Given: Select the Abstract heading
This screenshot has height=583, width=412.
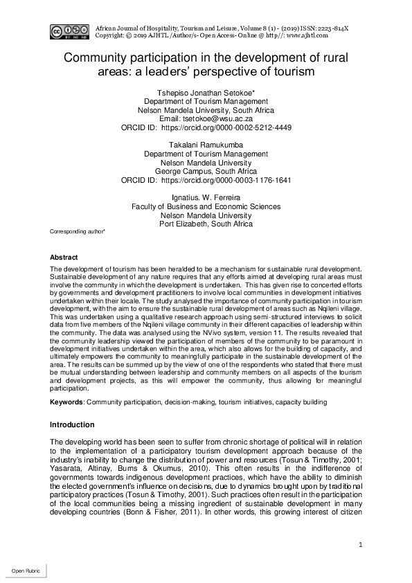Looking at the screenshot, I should tap(64, 257).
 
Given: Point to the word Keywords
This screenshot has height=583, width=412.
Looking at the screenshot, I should tap(67, 402).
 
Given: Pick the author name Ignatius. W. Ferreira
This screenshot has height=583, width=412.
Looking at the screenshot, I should tap(206, 197).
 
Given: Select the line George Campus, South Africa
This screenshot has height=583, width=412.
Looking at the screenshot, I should tap(206, 170).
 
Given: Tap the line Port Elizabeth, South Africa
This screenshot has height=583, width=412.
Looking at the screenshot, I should tap(206, 224).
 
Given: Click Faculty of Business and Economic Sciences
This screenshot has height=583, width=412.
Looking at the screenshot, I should tap(206, 206).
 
